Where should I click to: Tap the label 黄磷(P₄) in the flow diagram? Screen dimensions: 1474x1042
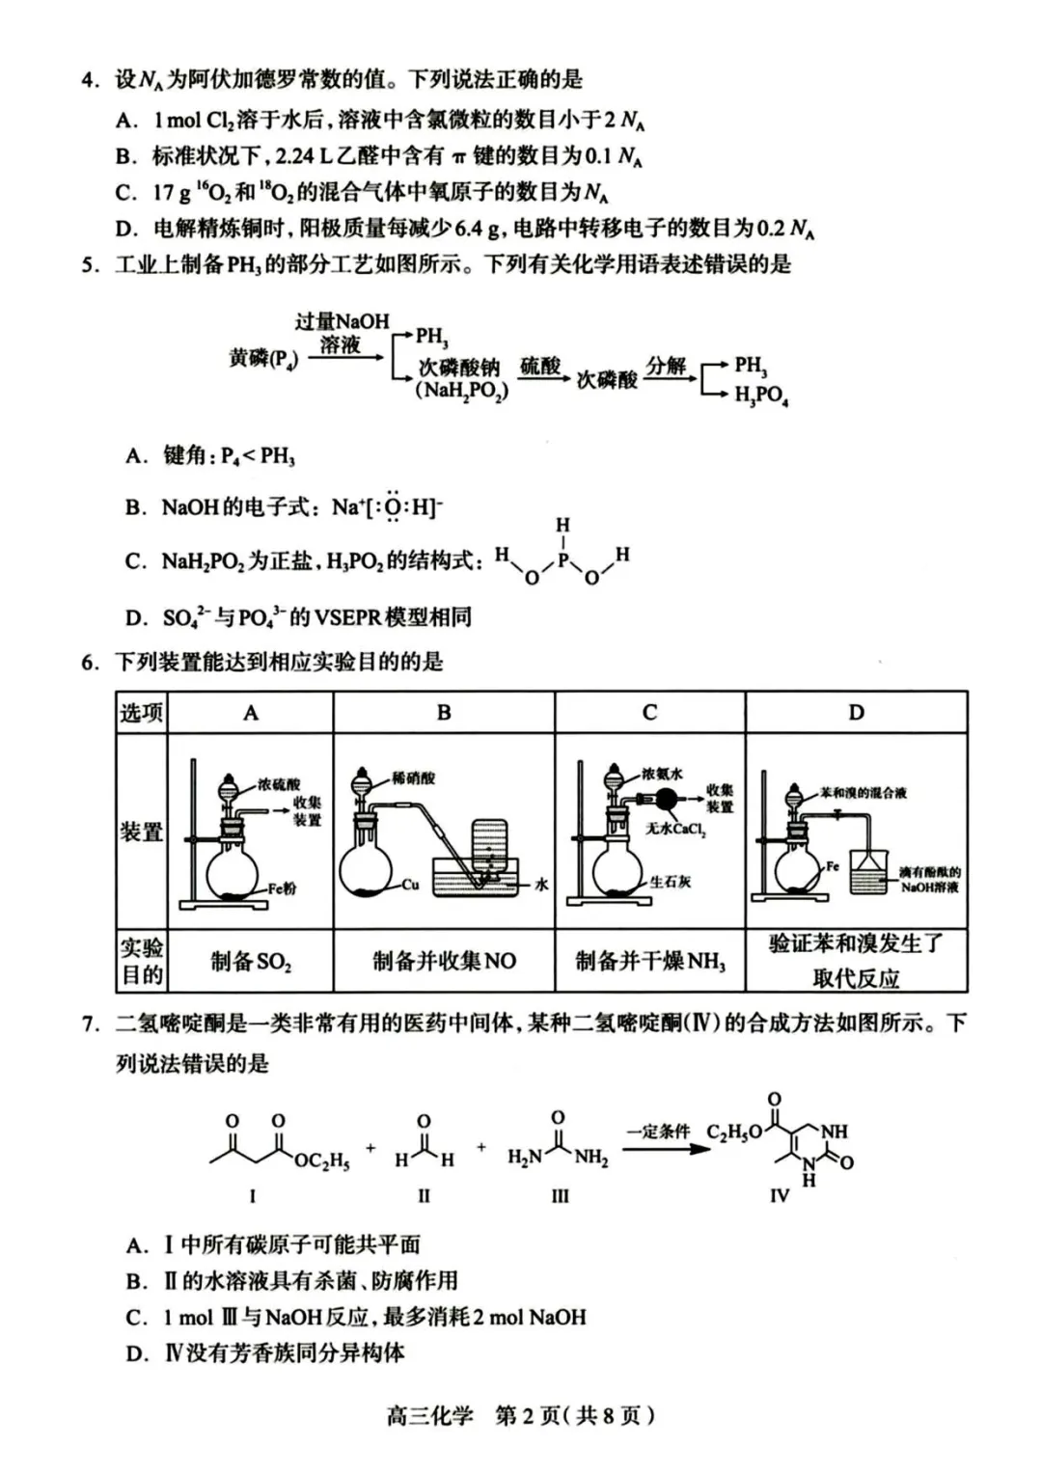point(262,359)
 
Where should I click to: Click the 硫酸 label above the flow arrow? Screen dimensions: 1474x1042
point(540,366)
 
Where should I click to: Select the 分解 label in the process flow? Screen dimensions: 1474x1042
point(666,366)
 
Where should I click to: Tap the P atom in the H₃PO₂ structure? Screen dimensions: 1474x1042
point(563,558)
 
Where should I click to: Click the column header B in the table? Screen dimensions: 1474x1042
point(444,713)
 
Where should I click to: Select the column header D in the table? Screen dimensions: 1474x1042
point(856,713)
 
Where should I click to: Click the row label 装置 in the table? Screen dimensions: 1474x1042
point(141,832)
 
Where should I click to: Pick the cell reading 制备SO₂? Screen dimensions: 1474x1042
point(251,961)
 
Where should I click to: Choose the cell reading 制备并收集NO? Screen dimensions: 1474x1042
point(444,961)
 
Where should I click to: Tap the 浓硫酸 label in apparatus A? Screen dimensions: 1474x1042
point(279,785)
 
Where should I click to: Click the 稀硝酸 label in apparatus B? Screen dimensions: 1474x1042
point(413,778)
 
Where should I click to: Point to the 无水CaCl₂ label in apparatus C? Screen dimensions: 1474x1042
point(675,829)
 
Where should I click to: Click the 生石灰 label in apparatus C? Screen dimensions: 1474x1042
point(670,882)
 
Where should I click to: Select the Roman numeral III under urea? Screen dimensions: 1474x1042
point(560,1196)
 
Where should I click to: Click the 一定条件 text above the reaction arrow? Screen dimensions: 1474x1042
point(658,1131)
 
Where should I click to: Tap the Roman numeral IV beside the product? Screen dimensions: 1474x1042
point(780,1196)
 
